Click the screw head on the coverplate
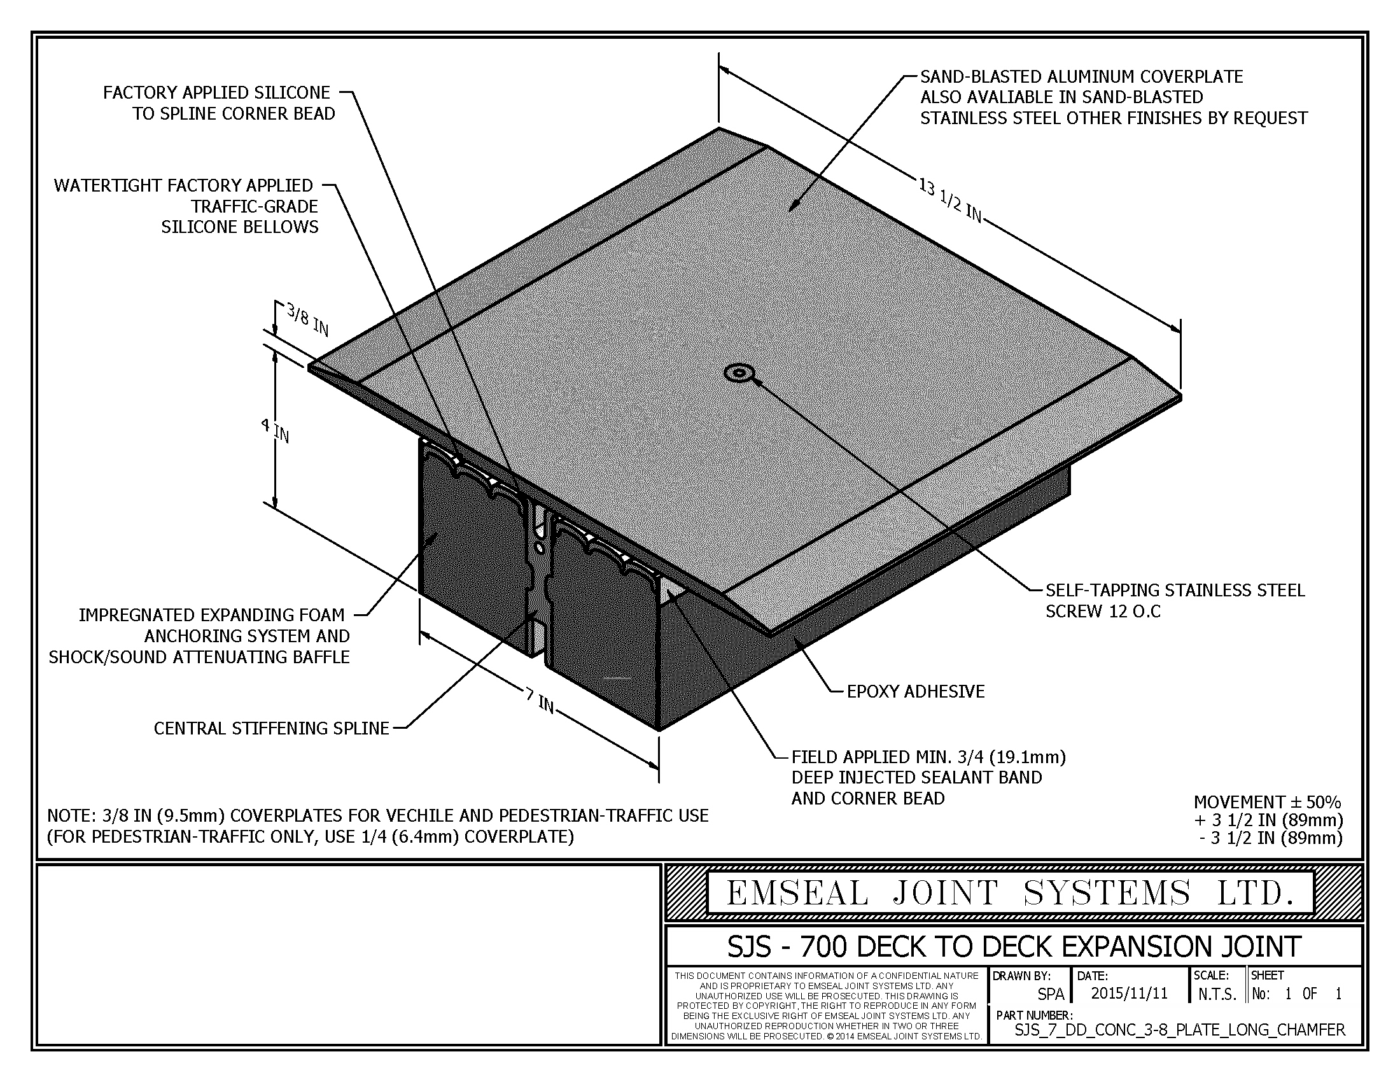pos(738,372)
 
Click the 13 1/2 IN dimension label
pos(950,200)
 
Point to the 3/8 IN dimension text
pos(308,320)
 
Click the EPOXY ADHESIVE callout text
pos(915,691)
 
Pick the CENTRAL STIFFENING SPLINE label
pos(271,728)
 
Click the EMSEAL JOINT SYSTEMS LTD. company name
pos(1011,893)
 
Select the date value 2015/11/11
pos(1130,993)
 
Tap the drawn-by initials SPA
pos(1051,994)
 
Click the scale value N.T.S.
pos(1217,994)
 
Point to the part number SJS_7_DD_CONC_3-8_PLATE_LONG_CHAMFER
pos(1179,1029)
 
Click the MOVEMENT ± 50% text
pos(1267,802)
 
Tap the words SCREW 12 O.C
pos(1103,611)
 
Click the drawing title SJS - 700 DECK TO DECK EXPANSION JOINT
pos(1014,946)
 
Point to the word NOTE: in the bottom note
pos(73,816)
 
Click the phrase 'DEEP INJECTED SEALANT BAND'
pos(916,778)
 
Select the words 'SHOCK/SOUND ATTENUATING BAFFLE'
pos(199,657)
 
